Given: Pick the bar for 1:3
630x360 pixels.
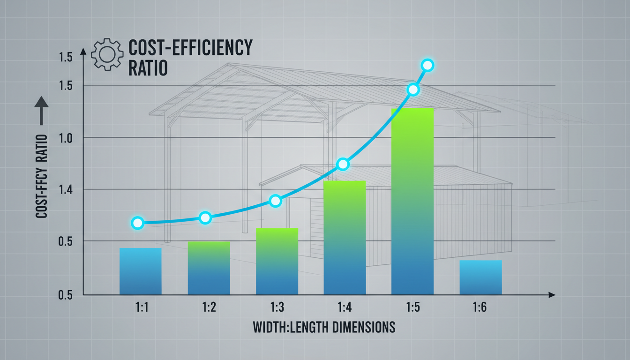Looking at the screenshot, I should [277, 261].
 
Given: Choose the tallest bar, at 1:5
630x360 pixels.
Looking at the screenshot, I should [412, 201].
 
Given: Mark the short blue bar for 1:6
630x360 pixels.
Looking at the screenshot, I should [480, 277].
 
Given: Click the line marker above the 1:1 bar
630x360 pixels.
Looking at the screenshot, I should [137, 223].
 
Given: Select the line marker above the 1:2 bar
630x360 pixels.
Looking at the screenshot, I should [205, 217].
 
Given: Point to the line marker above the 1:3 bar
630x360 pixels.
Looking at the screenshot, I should [276, 201].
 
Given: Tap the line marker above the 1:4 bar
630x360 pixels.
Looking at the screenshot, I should [343, 164].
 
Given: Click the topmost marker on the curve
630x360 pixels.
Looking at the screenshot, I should [427, 65].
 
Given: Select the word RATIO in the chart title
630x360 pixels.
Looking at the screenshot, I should [148, 67].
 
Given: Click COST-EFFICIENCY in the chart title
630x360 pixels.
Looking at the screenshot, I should [190, 48].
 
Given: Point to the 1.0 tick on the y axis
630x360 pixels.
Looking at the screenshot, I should [66, 137].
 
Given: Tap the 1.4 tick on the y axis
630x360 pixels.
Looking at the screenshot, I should [66, 189].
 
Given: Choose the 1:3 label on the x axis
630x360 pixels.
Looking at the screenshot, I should [277, 307].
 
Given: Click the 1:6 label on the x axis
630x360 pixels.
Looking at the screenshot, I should [480, 307].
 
